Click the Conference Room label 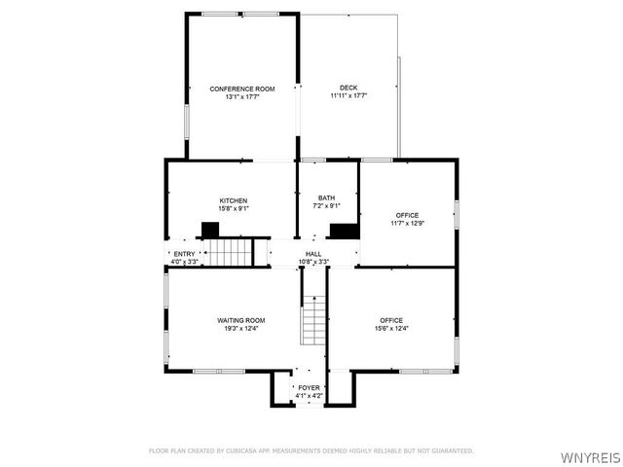pyautogui.click(x=242, y=89)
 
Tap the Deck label pyautogui.click(x=348, y=89)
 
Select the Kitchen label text pyautogui.click(x=233, y=200)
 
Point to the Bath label pyautogui.click(x=326, y=198)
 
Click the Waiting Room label pyautogui.click(x=240, y=320)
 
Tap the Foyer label pyautogui.click(x=309, y=387)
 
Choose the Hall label pyautogui.click(x=313, y=254)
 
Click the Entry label pyautogui.click(x=184, y=254)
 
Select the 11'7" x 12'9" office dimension pyautogui.click(x=407, y=223)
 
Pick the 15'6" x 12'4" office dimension pyautogui.click(x=391, y=328)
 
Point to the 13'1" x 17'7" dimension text pyautogui.click(x=242, y=97)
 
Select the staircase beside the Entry pyautogui.click(x=233, y=252)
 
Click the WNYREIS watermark pyautogui.click(x=589, y=456)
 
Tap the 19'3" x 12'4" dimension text pyautogui.click(x=240, y=328)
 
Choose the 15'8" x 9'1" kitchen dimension pyautogui.click(x=233, y=208)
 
